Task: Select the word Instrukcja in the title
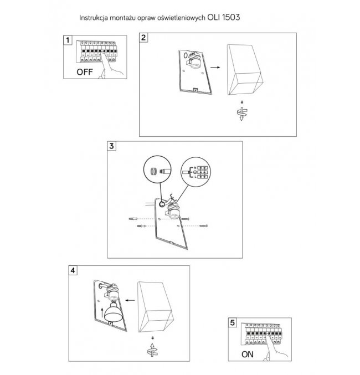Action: tap(92, 17)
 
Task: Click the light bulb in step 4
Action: tap(114, 311)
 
